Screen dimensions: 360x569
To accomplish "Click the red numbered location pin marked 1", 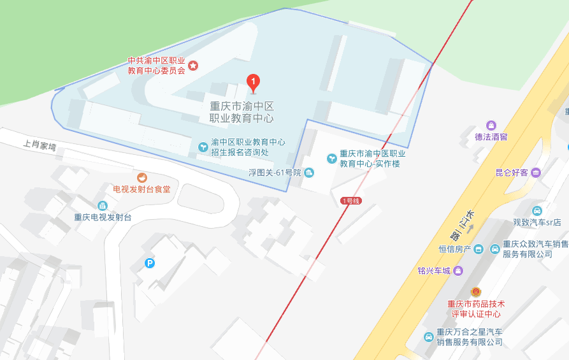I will pos(253,82).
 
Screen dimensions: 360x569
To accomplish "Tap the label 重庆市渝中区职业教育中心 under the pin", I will pos(242,112).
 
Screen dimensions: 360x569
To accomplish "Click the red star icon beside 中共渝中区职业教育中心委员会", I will pos(194,66).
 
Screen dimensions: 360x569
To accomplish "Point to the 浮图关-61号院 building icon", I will pos(309,173).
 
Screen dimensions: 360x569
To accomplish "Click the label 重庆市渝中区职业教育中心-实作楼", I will pos(373,159).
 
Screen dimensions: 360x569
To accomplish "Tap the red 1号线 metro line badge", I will pos(351,201).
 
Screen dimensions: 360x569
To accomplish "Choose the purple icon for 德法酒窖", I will pos(491,125).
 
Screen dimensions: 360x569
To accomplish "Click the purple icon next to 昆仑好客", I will pos(536,172).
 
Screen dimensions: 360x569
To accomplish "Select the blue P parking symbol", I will pos(150,263).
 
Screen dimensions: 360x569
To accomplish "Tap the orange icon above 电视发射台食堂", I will pos(141,177).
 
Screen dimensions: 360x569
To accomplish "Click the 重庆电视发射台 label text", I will pos(103,217).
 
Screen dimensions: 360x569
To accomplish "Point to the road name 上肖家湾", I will pos(40,146).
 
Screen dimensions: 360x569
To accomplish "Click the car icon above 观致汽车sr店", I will pos(537,211).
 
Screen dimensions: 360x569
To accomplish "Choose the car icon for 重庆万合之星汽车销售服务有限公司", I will pos(429,337).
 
